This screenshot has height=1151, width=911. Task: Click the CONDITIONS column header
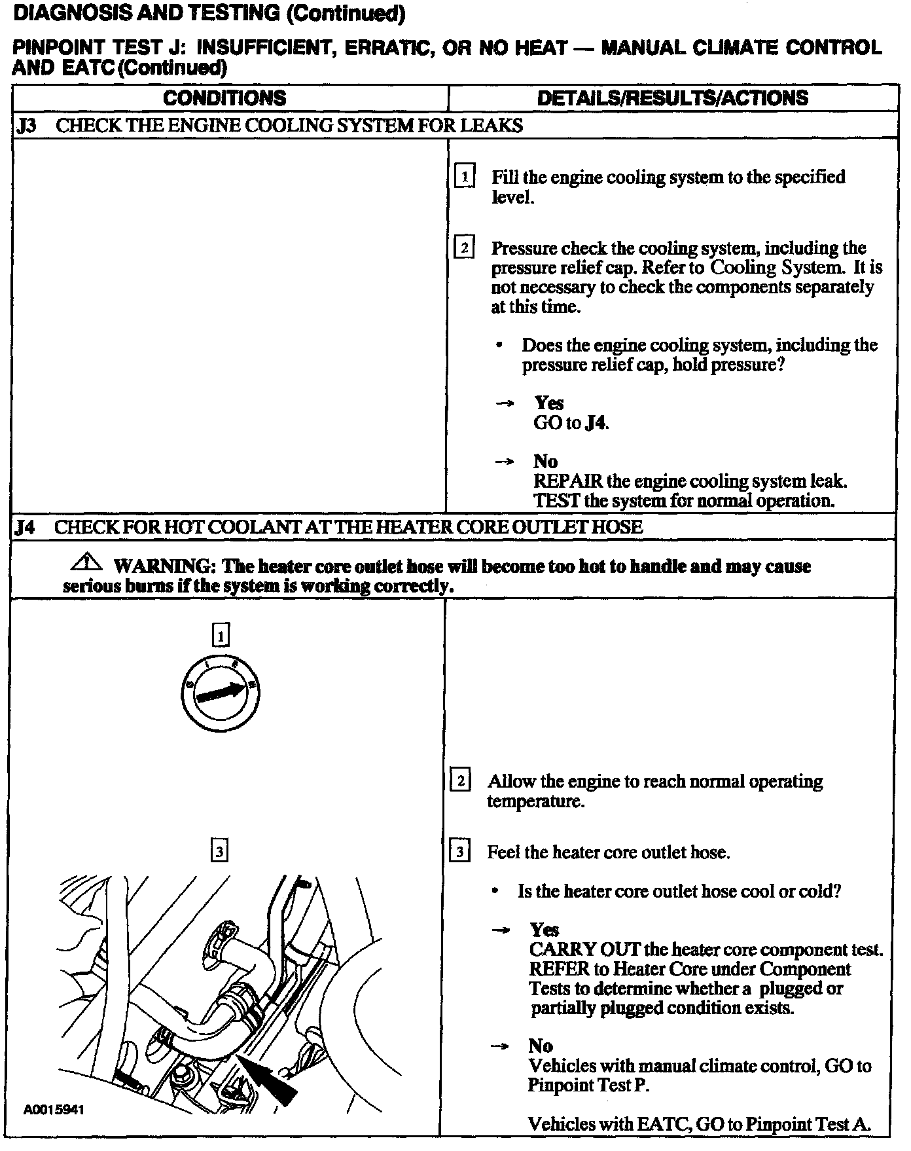click(224, 98)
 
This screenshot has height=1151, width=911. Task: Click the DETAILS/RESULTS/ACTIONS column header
click(672, 98)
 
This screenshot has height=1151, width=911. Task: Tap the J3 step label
click(26, 126)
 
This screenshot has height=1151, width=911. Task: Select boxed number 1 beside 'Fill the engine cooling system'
click(464, 177)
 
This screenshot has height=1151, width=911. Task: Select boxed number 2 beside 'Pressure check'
click(464, 248)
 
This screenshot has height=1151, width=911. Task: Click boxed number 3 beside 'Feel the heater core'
click(460, 852)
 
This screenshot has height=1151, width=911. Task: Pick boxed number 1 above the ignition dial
click(221, 634)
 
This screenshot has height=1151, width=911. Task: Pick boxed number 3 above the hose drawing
click(219, 851)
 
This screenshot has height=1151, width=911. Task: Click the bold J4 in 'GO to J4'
click(596, 423)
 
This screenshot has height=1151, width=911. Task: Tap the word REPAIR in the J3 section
click(567, 481)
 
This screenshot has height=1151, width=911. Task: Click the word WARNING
click(160, 566)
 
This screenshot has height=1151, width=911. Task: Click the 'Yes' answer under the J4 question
click(544, 930)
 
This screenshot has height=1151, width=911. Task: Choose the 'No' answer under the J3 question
click(545, 462)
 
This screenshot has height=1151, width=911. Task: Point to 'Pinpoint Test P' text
click(588, 1086)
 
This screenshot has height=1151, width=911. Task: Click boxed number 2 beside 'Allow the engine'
click(460, 781)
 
